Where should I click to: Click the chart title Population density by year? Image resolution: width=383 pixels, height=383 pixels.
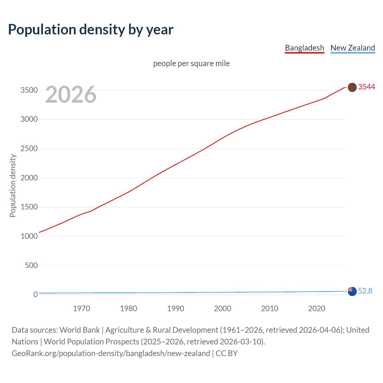click(91, 30)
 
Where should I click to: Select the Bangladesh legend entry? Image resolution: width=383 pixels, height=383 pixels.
click(304, 48)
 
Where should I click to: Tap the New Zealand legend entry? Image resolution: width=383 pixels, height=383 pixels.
click(352, 48)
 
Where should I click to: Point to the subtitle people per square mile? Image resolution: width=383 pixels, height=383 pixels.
click(191, 63)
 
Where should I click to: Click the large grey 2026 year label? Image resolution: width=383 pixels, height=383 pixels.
click(71, 95)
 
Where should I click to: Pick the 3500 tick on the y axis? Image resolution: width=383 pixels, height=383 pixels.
click(29, 90)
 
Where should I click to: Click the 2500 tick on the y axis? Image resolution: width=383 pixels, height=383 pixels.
click(29, 148)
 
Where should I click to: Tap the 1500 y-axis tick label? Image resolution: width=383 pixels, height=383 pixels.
click(29, 207)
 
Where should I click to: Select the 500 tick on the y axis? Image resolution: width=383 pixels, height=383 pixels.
click(31, 265)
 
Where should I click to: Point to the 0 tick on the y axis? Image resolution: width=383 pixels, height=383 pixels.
click(35, 294)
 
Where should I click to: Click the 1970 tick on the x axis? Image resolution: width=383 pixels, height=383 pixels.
click(81, 308)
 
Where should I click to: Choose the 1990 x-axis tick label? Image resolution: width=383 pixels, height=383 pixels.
click(176, 308)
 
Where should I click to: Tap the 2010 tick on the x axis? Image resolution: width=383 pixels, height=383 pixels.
click(270, 308)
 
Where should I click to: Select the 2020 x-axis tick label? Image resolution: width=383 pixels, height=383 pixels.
click(317, 308)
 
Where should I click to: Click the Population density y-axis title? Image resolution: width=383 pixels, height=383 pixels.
click(13, 186)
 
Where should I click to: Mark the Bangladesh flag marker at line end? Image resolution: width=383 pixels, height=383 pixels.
click(352, 87)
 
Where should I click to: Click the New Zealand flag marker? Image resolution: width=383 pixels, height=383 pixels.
click(352, 291)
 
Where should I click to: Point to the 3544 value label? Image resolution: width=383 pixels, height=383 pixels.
click(367, 87)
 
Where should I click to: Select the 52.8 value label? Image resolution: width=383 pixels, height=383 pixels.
click(365, 291)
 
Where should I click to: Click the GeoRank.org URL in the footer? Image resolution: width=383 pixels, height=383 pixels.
click(111, 353)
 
